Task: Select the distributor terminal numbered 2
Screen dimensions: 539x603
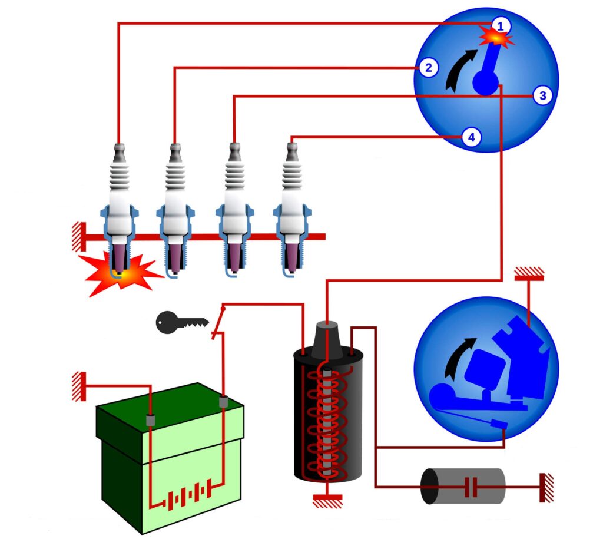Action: pos(428,68)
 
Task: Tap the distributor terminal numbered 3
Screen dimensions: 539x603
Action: pos(542,95)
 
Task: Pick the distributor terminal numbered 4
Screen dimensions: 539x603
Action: pos(470,138)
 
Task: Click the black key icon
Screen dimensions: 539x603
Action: pos(180,322)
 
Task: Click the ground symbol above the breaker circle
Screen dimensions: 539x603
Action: pos(529,275)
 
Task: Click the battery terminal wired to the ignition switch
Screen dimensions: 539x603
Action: pos(223,402)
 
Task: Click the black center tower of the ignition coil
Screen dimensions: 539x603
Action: pos(327,340)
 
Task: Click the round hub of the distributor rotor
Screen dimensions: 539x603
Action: pos(486,82)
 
